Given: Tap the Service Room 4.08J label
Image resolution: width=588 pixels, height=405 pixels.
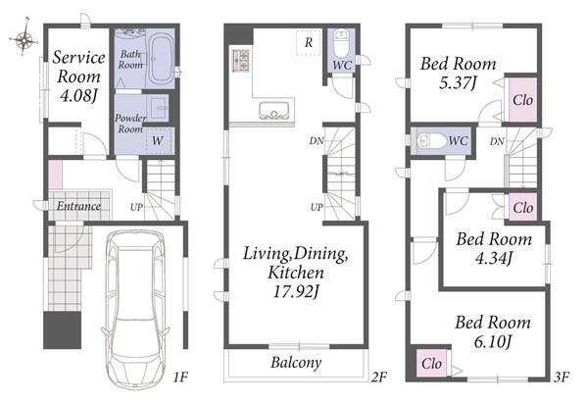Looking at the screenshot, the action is click(x=78, y=76).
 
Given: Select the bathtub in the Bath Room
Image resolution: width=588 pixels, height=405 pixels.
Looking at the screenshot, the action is click(x=161, y=59).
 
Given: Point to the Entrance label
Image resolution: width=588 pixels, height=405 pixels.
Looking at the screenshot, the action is click(x=78, y=206).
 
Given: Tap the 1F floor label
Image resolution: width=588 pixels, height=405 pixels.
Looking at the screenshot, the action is click(x=180, y=377).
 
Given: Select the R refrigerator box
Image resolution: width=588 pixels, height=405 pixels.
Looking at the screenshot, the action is click(x=309, y=42).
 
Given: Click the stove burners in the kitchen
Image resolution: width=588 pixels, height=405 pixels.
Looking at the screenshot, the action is click(x=240, y=60).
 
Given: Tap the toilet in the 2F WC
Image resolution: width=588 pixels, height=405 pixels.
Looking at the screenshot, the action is click(x=341, y=44).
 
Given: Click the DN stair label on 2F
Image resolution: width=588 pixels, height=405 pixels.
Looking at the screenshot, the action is click(x=317, y=141).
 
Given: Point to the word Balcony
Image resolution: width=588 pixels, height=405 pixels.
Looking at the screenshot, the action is click(x=296, y=363).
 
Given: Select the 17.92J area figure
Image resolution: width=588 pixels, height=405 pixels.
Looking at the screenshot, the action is click(x=296, y=291).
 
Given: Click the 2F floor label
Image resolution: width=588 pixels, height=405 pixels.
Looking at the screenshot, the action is click(x=378, y=377).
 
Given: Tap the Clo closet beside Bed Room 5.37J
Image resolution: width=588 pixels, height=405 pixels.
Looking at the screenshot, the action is click(x=522, y=100).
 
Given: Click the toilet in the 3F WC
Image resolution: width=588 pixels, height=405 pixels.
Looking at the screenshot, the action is click(x=431, y=141).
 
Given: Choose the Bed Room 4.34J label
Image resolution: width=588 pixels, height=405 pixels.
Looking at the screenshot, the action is click(x=494, y=248).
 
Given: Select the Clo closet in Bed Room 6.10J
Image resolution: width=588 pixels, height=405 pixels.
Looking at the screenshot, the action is click(x=431, y=363).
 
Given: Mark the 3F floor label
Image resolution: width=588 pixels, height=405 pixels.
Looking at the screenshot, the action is click(x=562, y=377).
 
